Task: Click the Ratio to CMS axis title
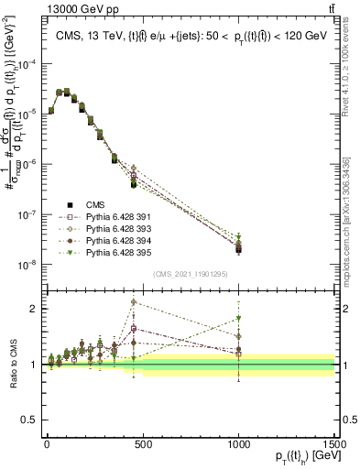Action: click(x=11, y=366)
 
